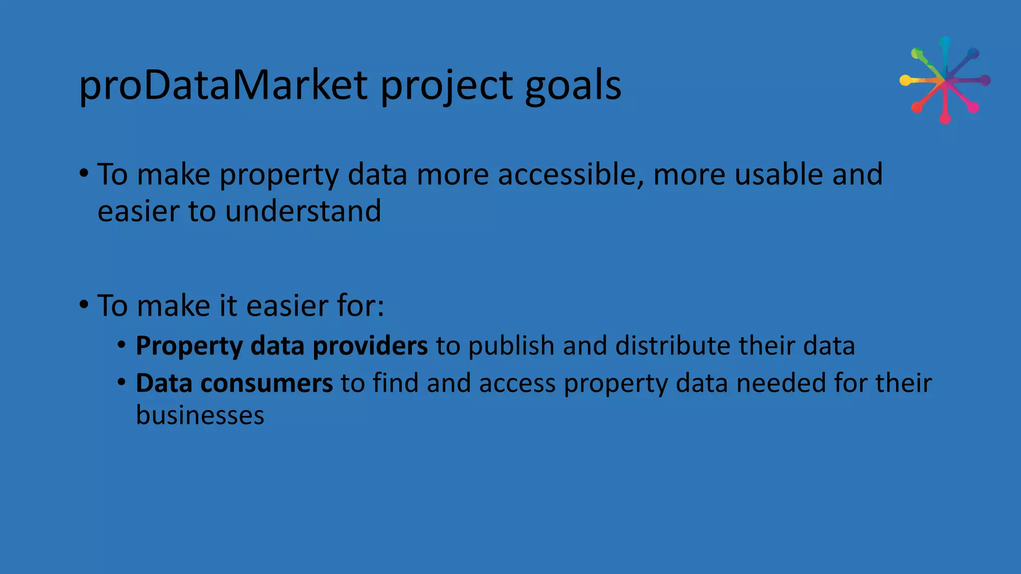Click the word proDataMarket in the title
click(223, 86)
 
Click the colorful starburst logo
click(945, 80)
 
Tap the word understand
click(303, 211)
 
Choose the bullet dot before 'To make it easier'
click(84, 304)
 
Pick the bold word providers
click(370, 346)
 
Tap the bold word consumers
click(267, 383)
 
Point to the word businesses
click(200, 415)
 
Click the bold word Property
click(189, 346)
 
